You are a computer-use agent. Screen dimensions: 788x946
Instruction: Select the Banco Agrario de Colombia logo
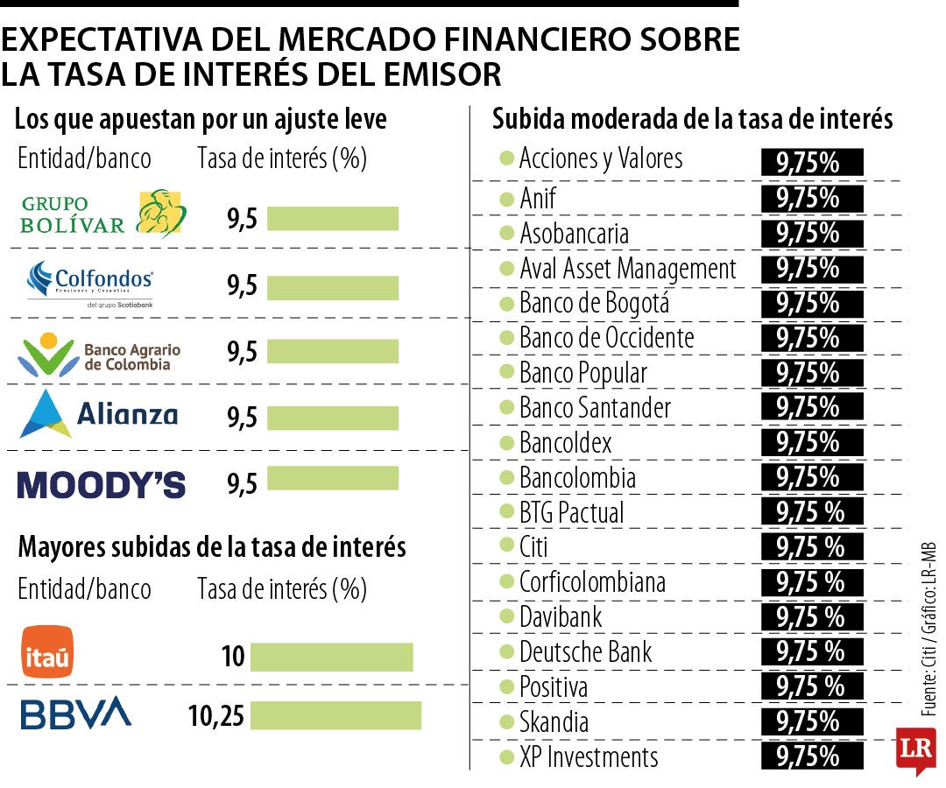pos(99,352)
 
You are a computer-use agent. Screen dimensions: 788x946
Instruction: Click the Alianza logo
pos(98,414)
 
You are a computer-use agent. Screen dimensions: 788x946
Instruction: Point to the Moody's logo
pos(102,484)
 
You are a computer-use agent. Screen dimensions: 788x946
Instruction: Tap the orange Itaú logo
pos(47,651)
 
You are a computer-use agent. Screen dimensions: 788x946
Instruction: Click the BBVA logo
pos(75,714)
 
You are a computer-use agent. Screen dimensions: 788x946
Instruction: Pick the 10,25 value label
pos(215,716)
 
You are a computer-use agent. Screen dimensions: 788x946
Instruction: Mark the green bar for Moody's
pos(333,478)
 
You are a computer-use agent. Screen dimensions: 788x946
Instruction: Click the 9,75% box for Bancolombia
pos(812,477)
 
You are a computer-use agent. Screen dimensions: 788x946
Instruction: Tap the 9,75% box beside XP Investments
pos(812,756)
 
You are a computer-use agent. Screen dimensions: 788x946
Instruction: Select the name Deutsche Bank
pos(585,652)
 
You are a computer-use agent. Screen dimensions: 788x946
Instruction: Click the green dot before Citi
pos(506,545)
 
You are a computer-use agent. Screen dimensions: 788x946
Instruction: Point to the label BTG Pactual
pos(571,512)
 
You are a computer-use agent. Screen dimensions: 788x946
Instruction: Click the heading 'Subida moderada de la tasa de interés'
pos(692,119)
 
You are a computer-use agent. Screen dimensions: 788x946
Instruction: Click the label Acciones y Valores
pos(600,159)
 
